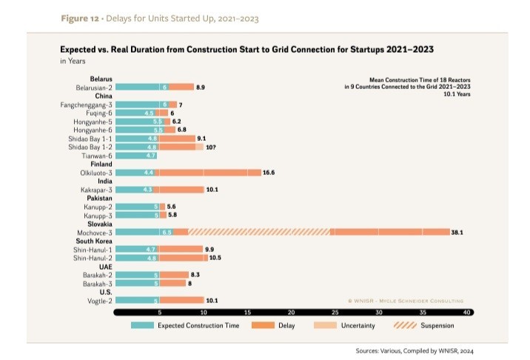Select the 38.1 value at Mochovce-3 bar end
pyautogui.click(x=456, y=232)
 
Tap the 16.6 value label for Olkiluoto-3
pyautogui.click(x=268, y=173)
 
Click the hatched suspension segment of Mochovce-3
pyautogui.click(x=259, y=232)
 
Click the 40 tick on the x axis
pyautogui.click(x=466, y=313)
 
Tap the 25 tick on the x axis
pyautogui.click(x=335, y=313)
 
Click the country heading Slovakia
pyautogui.click(x=99, y=223)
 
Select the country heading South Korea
pyautogui.click(x=94, y=241)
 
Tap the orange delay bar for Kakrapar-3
pyautogui.click(x=179, y=190)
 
